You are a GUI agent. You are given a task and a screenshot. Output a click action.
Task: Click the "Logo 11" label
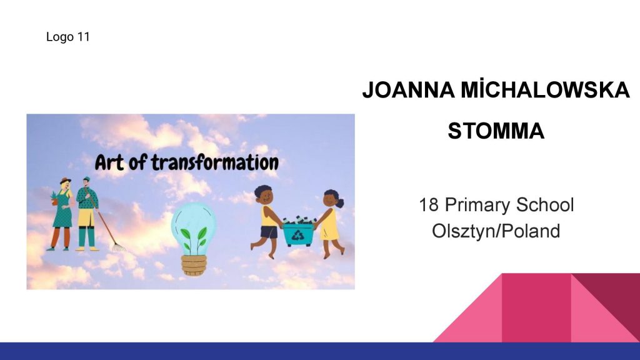67,37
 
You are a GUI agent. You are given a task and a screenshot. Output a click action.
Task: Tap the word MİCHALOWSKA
545,89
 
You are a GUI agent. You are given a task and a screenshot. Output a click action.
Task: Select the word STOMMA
496,131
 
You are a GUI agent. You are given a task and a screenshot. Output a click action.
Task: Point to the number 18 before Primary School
429,205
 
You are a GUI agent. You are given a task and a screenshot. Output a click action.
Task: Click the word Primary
477,205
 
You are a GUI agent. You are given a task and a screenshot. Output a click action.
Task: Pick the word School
545,205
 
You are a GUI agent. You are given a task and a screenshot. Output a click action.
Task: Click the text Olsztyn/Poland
496,231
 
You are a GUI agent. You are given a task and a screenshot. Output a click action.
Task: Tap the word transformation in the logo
215,162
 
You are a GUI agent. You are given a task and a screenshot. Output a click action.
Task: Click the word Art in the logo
109,162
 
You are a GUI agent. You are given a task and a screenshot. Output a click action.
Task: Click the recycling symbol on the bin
297,235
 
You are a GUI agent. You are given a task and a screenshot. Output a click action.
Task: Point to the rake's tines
119,247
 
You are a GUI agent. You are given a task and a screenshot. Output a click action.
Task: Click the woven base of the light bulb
194,265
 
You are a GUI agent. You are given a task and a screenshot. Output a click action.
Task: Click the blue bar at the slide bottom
320,351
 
